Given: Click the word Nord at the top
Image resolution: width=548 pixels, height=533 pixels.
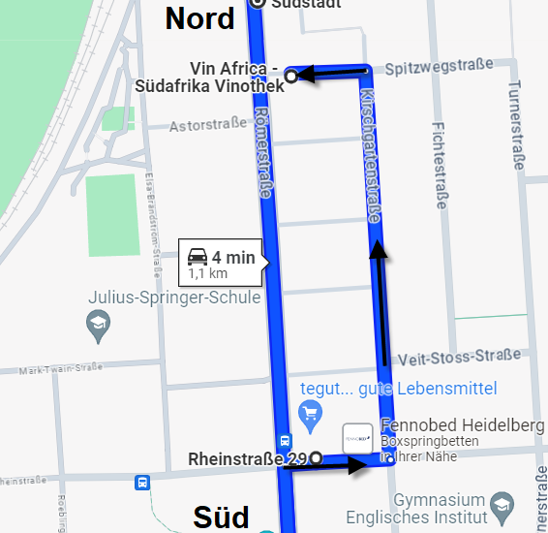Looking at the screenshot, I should pos(200,17).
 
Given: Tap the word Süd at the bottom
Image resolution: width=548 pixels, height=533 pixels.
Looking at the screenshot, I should pos(221,515).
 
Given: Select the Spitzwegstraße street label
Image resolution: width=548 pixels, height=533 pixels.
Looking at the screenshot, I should pos(439,69).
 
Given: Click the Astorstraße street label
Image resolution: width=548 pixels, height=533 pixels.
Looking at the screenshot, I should pos(208,126).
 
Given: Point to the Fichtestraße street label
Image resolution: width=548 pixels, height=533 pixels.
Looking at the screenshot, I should pos(441,165).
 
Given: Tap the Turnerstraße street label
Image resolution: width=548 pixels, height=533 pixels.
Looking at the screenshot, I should pos(515,121).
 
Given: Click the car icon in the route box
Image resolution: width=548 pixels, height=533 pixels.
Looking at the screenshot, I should pos(197,257).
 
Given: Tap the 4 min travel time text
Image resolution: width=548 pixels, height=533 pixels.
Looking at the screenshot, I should pos(233,257).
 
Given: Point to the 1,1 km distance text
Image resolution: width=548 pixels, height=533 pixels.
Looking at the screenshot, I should pos(208,273).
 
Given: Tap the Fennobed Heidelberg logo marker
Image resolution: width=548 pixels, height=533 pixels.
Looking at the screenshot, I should pos(357,438).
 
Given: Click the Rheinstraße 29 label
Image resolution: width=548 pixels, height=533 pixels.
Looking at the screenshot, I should pos(248,458).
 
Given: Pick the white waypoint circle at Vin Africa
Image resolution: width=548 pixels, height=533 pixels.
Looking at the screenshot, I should pos(290,75).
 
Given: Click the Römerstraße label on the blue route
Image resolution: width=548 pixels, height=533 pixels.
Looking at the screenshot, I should pos(262,155).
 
